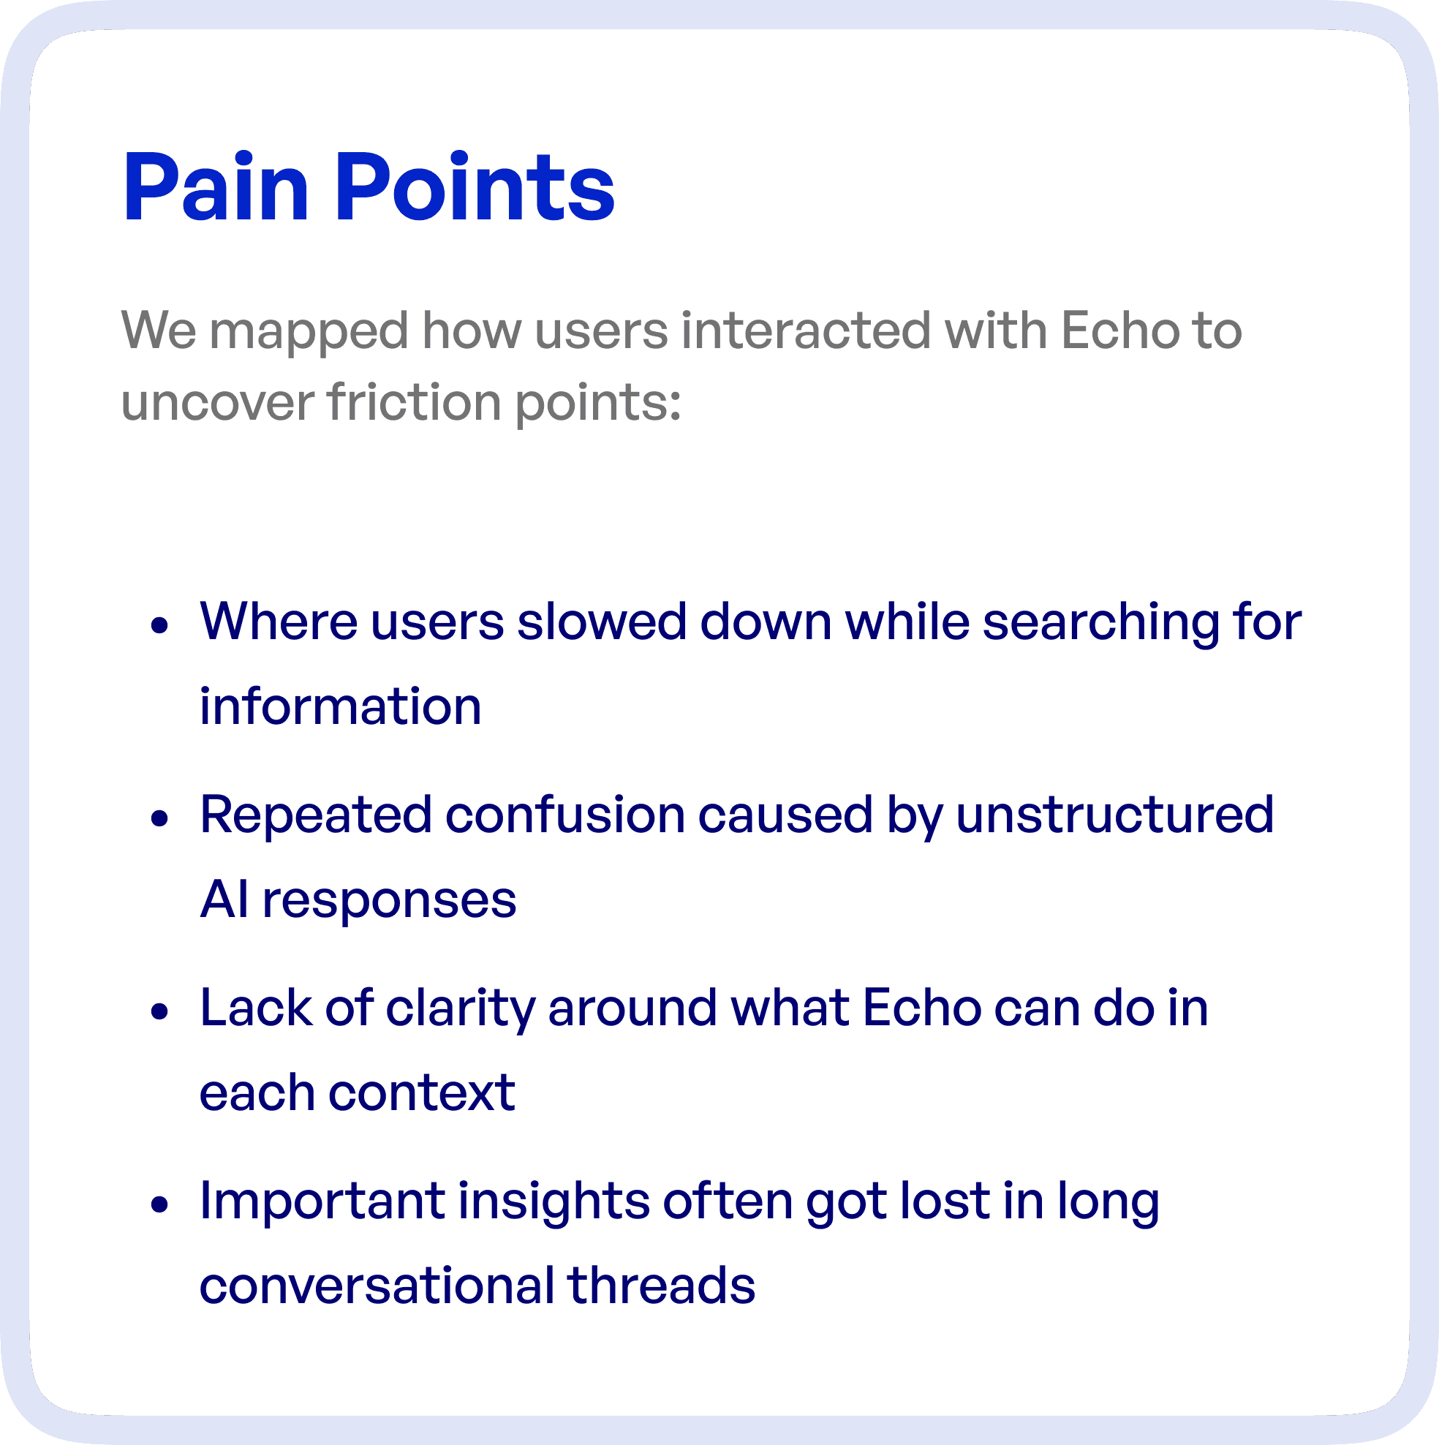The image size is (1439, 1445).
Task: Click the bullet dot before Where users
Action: [159, 625]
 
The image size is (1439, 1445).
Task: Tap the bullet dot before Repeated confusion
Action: [159, 818]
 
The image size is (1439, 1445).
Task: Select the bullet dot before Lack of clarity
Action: [159, 1011]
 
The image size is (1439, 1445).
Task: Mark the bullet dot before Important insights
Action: [159, 1204]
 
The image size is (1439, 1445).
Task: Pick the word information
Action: [340, 707]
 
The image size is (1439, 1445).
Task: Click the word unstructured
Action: [1114, 815]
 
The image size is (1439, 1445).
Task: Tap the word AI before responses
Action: [224, 899]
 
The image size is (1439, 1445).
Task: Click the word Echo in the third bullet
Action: [921, 1008]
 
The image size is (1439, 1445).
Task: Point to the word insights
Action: [554, 1203]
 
